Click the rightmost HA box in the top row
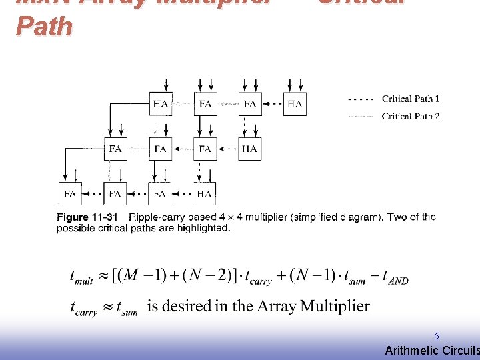(295, 104)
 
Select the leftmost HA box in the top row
(161, 104)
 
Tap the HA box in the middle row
(249, 149)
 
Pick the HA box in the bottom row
(204, 194)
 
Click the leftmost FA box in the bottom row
(70, 194)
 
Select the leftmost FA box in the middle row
(115, 149)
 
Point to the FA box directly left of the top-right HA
(250, 104)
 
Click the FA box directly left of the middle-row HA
(205, 149)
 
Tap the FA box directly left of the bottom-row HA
(159, 194)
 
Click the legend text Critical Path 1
(411, 99)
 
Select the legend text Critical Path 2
(411, 117)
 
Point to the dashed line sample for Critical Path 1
(361, 99)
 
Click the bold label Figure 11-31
(87, 217)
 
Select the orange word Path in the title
(44, 27)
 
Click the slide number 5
(437, 337)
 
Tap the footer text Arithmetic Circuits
(432, 351)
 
